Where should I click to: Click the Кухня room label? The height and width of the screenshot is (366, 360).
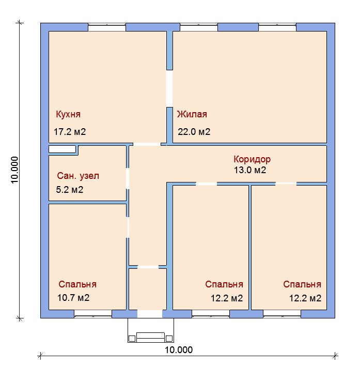tap(68, 114)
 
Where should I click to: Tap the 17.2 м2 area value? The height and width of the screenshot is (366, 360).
tap(70, 132)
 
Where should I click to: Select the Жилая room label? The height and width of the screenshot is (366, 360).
tap(192, 114)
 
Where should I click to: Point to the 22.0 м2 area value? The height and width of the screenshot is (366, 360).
tap(194, 132)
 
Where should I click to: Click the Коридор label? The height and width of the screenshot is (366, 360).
tap(252, 159)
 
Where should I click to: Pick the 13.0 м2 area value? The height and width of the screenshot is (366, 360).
tap(250, 170)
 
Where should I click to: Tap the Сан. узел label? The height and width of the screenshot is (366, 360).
tap(78, 176)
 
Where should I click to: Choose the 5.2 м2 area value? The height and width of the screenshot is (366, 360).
tap(70, 190)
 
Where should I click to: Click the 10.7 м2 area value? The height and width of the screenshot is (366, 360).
tap(73, 298)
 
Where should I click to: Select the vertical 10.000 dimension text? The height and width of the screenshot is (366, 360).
tap(14, 170)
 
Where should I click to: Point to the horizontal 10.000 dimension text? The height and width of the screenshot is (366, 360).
tap(179, 350)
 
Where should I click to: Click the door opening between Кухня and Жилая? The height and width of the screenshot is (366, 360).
tap(169, 89)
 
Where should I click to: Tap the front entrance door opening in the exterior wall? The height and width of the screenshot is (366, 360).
tap(150, 314)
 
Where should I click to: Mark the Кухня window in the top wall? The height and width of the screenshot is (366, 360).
tap(107, 27)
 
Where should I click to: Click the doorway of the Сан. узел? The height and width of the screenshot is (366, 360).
tap(128, 178)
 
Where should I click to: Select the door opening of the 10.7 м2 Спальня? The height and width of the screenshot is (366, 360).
tap(128, 227)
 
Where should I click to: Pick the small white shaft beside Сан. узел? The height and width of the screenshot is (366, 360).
tap(62, 149)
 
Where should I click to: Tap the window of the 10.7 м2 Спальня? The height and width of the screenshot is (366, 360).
tap(93, 314)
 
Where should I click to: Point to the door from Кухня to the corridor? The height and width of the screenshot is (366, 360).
tap(147, 144)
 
